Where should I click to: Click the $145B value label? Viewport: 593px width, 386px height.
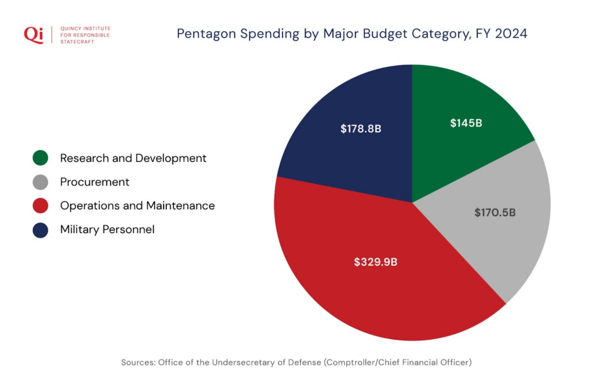click(466, 123)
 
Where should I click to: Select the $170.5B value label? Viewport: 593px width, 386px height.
click(495, 213)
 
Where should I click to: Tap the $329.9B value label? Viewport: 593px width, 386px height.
click(376, 261)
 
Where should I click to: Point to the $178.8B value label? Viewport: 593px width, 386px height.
click(361, 128)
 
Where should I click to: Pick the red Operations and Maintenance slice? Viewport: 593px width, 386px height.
click(371, 290)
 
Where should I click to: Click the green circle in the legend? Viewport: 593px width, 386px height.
click(41, 158)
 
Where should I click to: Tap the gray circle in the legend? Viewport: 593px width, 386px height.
click(41, 182)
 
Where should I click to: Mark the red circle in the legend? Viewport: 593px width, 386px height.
click(41, 206)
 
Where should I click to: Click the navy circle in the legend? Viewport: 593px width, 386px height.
click(41, 230)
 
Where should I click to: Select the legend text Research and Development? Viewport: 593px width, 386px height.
click(133, 158)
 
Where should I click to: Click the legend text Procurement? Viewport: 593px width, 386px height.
click(94, 182)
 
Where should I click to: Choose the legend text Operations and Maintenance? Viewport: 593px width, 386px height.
click(137, 206)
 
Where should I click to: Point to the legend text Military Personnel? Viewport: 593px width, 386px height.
click(107, 230)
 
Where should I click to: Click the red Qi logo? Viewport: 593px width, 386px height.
click(33, 34)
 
